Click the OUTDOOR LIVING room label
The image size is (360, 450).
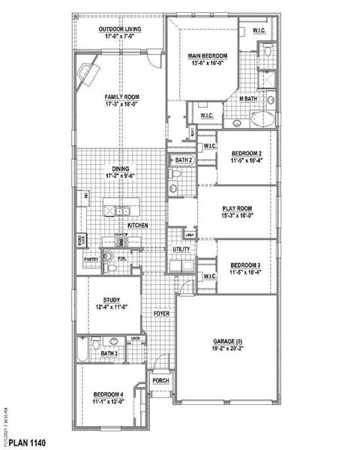click(121, 30)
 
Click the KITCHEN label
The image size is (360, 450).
click(137, 225)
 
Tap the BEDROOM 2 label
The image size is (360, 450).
click(246, 152)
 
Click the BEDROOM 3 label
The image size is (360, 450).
click(246, 265)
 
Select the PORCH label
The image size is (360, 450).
click(160, 380)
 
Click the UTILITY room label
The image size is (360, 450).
click(181, 248)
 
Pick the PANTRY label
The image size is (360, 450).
click(91, 259)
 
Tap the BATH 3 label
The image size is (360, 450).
click(109, 352)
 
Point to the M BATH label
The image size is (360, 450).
click(248, 99)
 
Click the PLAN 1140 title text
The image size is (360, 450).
click(29, 442)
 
